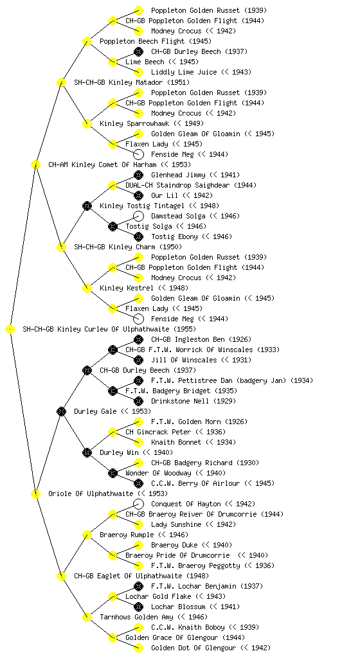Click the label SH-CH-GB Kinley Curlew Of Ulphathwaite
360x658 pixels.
[x=96, y=330]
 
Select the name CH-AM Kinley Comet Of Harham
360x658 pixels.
[x=102, y=165]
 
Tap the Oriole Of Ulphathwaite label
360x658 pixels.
[x=91, y=494]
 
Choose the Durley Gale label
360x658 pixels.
[x=95, y=412]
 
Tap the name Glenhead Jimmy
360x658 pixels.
[x=178, y=175]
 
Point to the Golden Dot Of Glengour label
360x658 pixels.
[x=194, y=648]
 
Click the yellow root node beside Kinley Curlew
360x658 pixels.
[x=10, y=330]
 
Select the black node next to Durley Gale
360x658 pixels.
[x=61, y=412]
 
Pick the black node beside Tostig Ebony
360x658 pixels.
[x=138, y=236]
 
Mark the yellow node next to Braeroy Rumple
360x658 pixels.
[x=87, y=535]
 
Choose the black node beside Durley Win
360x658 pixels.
[x=87, y=453]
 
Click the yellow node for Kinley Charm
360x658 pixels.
[x=61, y=247]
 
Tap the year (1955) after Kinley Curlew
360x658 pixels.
[x=184, y=330]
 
